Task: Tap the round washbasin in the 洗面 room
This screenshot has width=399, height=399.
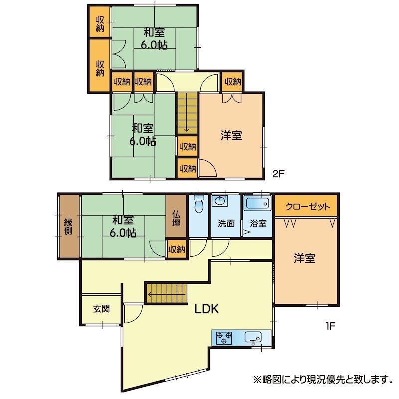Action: (219, 201)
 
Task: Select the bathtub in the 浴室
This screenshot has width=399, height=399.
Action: (258, 203)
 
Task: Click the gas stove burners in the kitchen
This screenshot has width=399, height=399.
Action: (224, 338)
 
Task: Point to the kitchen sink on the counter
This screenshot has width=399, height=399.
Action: (253, 337)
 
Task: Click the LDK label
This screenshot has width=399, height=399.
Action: (206, 309)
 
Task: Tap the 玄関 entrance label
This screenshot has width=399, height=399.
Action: (101, 309)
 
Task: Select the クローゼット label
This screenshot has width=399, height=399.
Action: (307, 206)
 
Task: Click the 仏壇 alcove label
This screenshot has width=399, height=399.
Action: (176, 218)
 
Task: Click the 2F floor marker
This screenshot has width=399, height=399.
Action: (278, 174)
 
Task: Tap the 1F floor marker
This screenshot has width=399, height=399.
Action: (330, 326)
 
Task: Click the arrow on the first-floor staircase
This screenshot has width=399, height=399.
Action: (166, 295)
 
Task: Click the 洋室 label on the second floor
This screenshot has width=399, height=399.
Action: (231, 135)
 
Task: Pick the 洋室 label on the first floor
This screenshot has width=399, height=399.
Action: (305, 258)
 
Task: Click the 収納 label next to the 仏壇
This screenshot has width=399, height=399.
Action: (177, 250)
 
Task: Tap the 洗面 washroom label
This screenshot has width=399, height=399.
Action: (226, 223)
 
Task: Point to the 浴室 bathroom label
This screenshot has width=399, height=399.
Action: (258, 223)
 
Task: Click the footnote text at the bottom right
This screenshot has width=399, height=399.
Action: (323, 380)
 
